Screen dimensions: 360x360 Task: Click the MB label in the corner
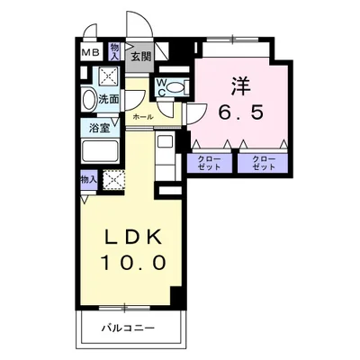tap(90, 53)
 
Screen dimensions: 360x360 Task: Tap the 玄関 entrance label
tap(140, 56)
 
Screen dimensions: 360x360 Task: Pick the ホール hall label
tap(141, 117)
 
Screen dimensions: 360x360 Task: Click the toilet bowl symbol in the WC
tap(177, 88)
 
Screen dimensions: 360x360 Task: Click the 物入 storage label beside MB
tap(115, 50)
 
